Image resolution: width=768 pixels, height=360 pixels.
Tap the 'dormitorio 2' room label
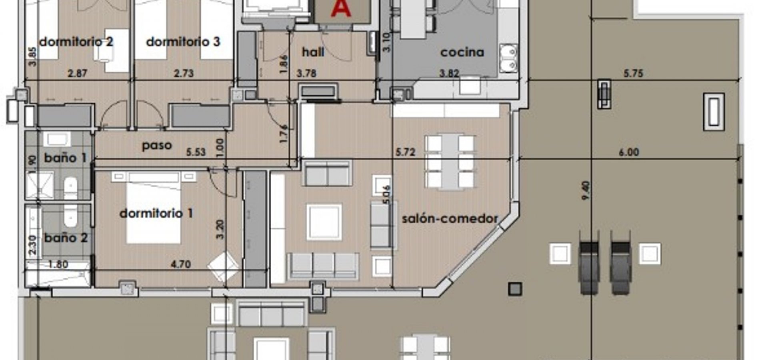coord(76,42)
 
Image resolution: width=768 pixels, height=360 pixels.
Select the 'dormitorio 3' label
coord(183,42)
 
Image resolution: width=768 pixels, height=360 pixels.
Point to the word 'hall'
coord(313,52)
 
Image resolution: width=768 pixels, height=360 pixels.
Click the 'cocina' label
coord(462,52)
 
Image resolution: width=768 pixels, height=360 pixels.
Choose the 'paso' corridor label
coord(157,146)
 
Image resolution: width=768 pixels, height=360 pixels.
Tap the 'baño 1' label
coord(65,158)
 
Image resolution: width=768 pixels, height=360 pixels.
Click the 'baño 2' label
coord(66,238)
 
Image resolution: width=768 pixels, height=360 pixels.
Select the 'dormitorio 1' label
coord(156,213)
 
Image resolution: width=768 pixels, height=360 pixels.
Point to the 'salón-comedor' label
coord(450,218)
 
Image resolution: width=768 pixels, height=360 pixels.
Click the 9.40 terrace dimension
coord(586,190)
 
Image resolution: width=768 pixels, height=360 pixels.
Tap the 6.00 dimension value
coord(629,152)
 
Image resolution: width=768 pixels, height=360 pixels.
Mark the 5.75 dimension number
coord(633,73)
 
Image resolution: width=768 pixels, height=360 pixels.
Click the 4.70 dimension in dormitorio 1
coord(180,264)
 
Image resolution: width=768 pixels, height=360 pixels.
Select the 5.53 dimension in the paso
coord(196,152)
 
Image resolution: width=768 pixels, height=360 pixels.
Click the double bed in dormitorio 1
coord(153,208)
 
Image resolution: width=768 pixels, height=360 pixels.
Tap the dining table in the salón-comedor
coord(450,162)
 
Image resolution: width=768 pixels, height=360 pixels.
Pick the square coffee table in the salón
coord(324,222)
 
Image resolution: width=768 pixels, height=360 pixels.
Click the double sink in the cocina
coord(508,58)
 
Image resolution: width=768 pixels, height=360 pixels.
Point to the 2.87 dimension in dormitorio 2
coord(77,73)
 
